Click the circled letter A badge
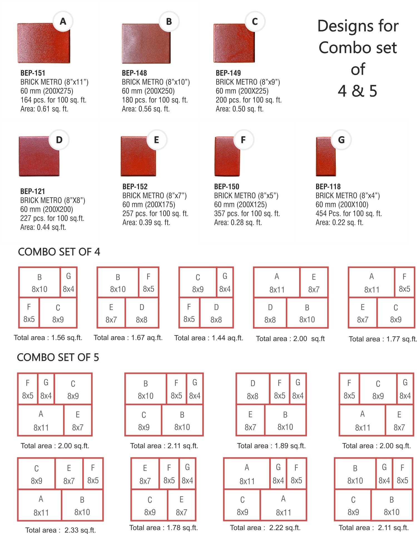[63, 21]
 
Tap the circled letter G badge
[341, 140]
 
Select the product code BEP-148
[134, 73]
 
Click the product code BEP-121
[33, 191]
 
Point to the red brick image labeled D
[39, 156]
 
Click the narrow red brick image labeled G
[326, 157]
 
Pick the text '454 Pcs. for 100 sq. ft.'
[349, 213]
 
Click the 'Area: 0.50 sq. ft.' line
[240, 109]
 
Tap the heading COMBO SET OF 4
[59, 252]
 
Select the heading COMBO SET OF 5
[58, 357]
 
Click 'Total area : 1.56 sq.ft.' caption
[48, 338]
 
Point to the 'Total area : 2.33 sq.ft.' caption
[61, 530]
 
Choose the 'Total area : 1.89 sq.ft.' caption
[271, 446]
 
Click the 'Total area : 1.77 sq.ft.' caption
[383, 339]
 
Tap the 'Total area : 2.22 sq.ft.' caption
[265, 528]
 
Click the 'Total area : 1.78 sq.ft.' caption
[163, 528]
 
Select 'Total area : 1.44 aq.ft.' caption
[209, 338]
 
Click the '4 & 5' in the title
[358, 91]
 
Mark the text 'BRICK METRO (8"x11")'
[54, 82]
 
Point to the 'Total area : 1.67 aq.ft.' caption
[128, 338]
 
